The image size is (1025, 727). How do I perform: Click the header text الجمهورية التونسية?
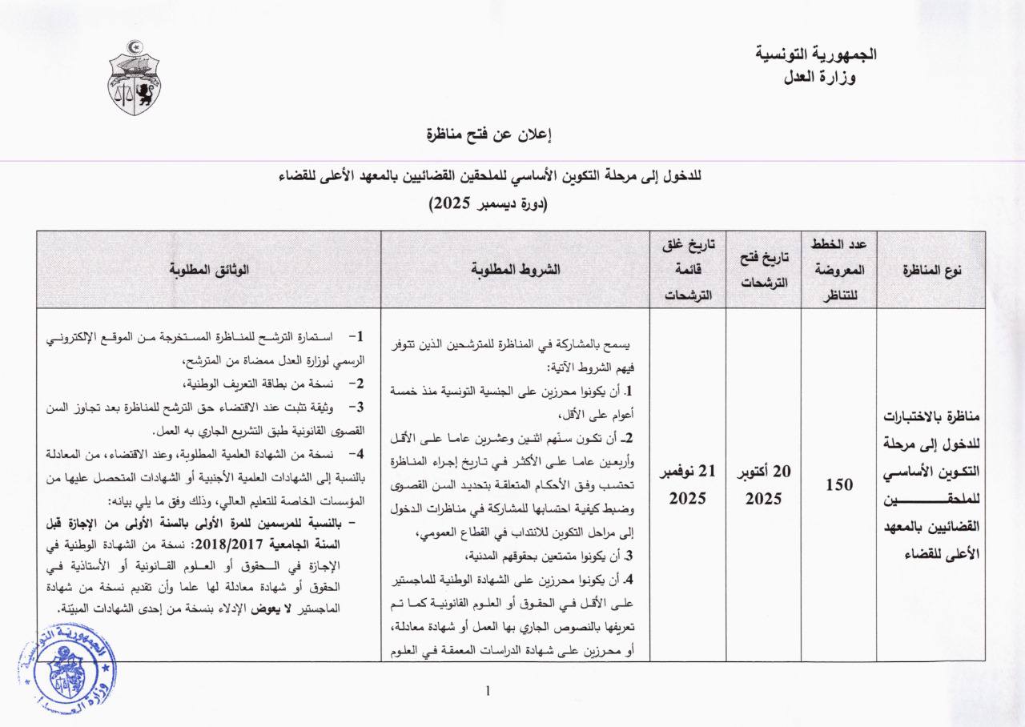[x=817, y=55]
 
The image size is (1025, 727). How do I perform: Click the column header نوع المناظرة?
[x=932, y=270]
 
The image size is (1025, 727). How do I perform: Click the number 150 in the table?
[x=838, y=484]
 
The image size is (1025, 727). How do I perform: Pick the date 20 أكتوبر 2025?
[x=763, y=484]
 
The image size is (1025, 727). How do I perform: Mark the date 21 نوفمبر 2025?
[x=687, y=484]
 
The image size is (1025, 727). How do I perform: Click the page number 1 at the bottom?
[x=488, y=690]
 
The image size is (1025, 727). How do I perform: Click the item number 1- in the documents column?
[x=356, y=335]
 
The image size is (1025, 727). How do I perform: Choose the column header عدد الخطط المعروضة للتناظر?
[x=838, y=270]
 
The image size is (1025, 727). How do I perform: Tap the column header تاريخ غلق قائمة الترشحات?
[x=687, y=270]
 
